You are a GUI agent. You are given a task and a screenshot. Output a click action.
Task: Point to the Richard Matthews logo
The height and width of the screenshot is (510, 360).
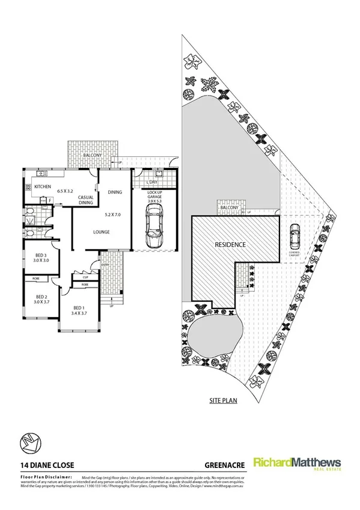click(x=297, y=464)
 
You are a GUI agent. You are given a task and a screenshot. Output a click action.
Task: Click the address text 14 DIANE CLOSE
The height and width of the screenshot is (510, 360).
click(x=43, y=464)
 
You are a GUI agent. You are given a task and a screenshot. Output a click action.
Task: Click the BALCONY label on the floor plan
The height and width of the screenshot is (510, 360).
click(x=94, y=156)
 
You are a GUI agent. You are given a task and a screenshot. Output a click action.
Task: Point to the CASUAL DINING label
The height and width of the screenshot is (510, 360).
click(x=89, y=200)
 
